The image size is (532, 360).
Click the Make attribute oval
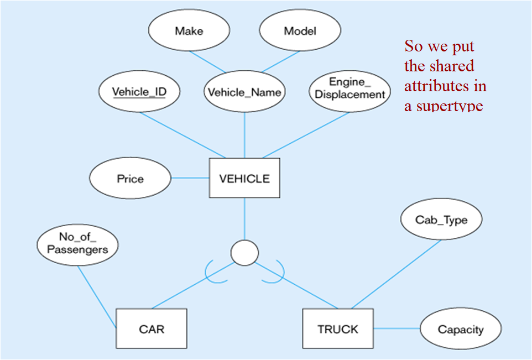click(189, 31)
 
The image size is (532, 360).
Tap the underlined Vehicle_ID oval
click(139, 92)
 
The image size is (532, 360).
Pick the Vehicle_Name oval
click(244, 92)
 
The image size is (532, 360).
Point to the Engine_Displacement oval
click(350, 89)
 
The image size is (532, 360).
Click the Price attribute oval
click(130, 179)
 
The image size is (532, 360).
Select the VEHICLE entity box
click(244, 179)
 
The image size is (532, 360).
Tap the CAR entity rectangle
click(152, 329)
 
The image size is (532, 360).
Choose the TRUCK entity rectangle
click(337, 329)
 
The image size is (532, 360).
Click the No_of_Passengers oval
click(77, 244)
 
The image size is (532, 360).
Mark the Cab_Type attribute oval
click(441, 220)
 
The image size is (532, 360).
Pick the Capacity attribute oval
click(460, 330)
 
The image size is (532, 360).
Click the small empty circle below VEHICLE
click(244, 253)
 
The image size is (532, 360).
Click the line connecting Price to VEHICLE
click(190, 178)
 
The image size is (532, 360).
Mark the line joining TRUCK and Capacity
click(397, 329)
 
